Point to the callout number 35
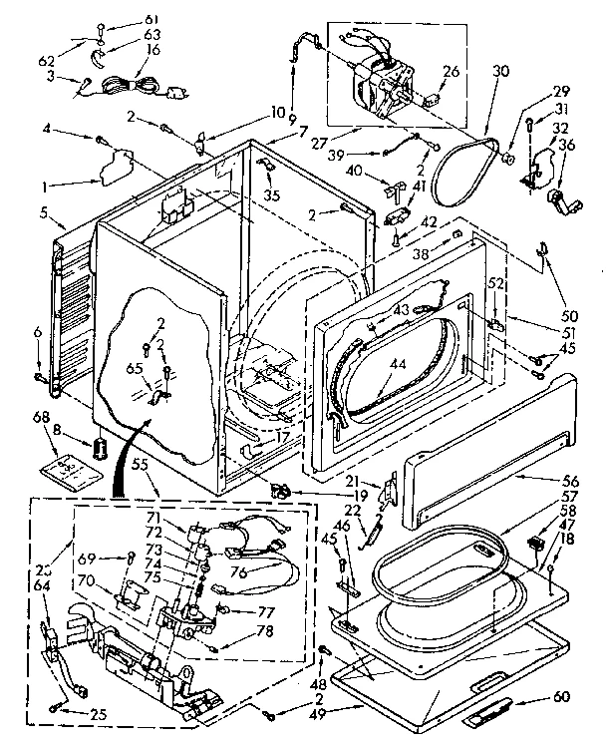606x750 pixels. (x=271, y=195)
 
